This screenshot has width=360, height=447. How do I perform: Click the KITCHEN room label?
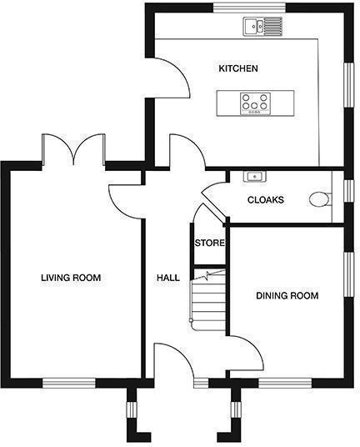pos(237,68)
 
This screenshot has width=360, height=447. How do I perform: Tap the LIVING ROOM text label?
pos(71,278)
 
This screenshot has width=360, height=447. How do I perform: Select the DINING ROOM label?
pos(287,295)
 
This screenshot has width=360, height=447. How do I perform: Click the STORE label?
pos(208,244)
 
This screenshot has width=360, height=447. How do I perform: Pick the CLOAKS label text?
pos(266,200)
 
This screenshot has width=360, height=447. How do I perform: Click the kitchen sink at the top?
pos(262,27)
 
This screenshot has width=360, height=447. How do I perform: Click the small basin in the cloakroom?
pos(253,177)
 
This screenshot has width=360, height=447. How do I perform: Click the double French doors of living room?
pos(74,150)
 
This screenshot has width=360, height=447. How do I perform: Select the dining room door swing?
pos(245,353)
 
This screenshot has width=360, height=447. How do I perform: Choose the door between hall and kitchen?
pos(187,152)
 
